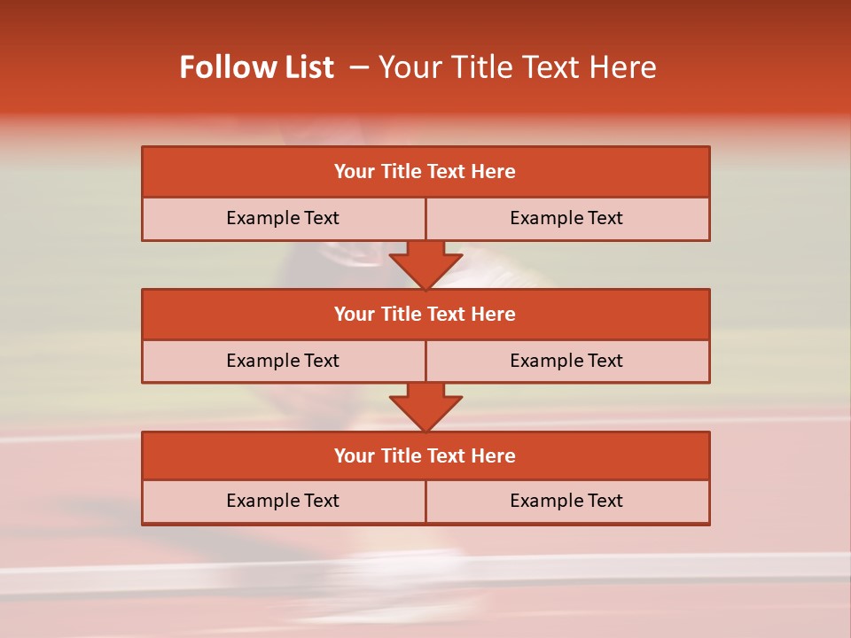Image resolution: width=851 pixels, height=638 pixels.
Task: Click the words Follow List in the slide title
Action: coord(256,67)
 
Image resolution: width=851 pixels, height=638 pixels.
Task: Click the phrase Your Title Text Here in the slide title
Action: coord(518,67)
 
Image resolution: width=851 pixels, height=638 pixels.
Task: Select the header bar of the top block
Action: coord(425,172)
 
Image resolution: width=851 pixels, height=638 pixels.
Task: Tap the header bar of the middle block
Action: coord(425,314)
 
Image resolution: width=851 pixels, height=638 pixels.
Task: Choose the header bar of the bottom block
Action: coord(425,455)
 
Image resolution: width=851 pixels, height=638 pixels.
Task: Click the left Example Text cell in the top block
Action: coord(283,218)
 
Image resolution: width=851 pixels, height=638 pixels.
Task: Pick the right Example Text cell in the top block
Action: coord(566,218)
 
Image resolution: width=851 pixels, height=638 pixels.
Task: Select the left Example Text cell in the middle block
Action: coord(283,361)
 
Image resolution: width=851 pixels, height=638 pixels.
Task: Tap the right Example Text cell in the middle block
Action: coord(566,361)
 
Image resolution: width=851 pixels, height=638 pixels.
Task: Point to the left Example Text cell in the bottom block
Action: coord(283,501)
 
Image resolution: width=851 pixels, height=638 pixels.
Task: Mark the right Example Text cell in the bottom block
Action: coord(566,501)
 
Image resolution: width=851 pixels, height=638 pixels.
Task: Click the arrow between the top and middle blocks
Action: coord(425,265)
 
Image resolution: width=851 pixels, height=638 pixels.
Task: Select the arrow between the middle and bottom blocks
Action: coord(425,407)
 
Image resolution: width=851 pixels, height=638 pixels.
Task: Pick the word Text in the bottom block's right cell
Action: coord(605,501)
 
